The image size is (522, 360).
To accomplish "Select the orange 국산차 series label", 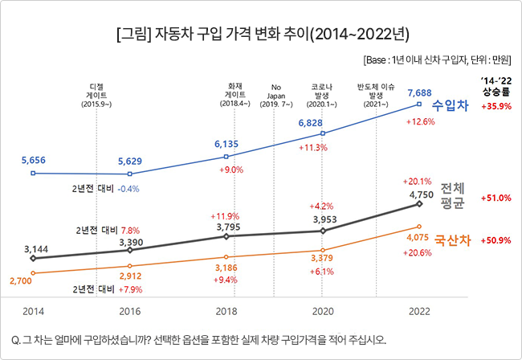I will point(452,240).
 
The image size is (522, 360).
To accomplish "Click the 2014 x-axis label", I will point(33,309).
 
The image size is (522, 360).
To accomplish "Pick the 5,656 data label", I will point(33,160).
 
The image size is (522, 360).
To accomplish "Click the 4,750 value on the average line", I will point(422,194).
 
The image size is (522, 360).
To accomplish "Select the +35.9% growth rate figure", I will point(495,107).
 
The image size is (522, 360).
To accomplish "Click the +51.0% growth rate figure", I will point(495,198).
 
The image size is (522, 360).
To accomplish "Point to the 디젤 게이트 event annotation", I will point(96,94).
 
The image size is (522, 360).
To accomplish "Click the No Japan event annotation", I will point(275,94).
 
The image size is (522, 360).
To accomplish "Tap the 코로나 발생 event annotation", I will point(323,94).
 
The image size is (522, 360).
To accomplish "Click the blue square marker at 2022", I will point(419,104).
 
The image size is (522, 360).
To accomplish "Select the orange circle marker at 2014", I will point(33,273).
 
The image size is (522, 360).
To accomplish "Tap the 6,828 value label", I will point(311,122).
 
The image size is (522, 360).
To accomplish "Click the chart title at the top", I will point(261,35).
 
